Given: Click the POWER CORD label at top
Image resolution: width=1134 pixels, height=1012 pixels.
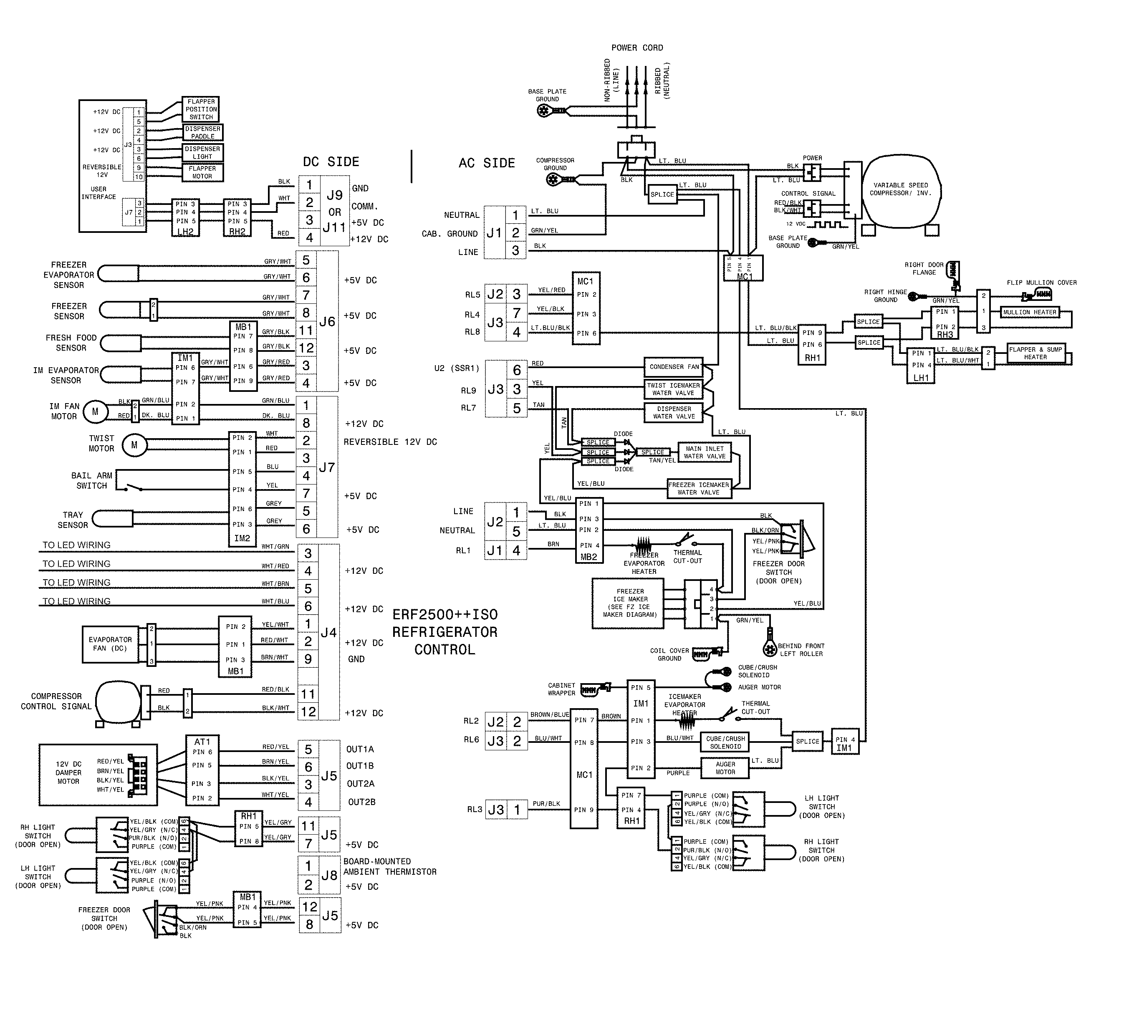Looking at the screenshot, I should pyautogui.click(x=637, y=48).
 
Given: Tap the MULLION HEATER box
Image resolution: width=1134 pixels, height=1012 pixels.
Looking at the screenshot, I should pyautogui.click(x=1029, y=313).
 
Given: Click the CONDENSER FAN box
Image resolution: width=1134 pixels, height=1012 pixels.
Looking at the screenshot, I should pyautogui.click(x=674, y=367).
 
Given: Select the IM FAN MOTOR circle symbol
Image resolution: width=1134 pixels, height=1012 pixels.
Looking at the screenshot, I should pyautogui.click(x=95, y=412).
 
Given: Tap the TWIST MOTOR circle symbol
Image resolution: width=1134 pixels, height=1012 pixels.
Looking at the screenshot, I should pyautogui.click(x=134, y=445).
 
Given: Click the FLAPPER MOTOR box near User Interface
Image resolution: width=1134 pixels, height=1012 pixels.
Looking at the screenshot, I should pyautogui.click(x=202, y=172).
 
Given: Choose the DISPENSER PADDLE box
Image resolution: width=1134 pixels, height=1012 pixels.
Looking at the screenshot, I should pyautogui.click(x=202, y=132).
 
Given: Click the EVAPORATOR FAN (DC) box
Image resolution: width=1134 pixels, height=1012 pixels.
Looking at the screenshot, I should pyautogui.click(x=110, y=644).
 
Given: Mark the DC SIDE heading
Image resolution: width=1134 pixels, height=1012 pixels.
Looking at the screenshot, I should pyautogui.click(x=331, y=162).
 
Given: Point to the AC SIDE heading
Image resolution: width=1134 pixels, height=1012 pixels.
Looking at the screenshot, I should pyautogui.click(x=487, y=163).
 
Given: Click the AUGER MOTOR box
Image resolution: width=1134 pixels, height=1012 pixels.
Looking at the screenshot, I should pyautogui.click(x=725, y=768).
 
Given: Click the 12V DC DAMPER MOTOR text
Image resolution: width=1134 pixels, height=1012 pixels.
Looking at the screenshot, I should pyautogui.click(x=68, y=773).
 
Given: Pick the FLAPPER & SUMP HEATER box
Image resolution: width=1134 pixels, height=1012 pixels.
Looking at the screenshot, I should pyautogui.click(x=1035, y=353).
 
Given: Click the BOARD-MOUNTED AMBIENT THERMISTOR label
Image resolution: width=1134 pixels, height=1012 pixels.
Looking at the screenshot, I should pyautogui.click(x=389, y=866).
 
